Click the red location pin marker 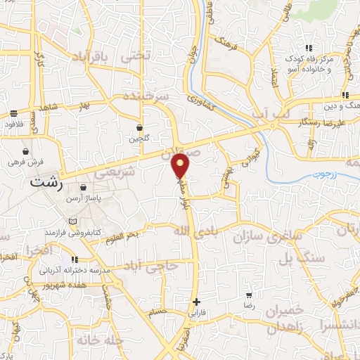click(x=181, y=165)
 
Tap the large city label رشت click(x=47, y=181)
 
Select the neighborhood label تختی click(x=136, y=55)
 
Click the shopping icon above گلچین click(x=140, y=128)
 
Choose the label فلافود click(x=13, y=124)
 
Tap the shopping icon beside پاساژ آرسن click(x=84, y=188)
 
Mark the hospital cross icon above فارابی click(x=196, y=302)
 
